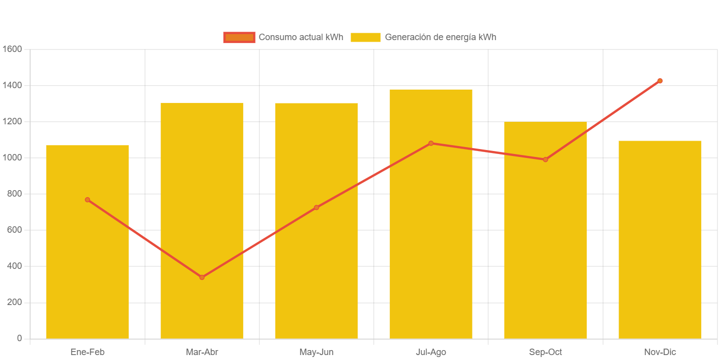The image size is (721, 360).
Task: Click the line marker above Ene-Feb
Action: coord(87,200)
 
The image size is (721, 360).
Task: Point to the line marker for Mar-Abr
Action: coord(202,277)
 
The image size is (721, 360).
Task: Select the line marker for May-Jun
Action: coord(316,207)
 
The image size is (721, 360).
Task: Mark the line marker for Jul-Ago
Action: coord(431,143)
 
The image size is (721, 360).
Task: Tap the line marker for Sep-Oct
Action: coord(545,159)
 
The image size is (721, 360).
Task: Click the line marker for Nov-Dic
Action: coord(660,81)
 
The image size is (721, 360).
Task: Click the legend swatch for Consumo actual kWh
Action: coord(239,37)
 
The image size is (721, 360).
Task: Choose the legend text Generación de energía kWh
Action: coord(440,37)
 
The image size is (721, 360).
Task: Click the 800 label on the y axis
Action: coord(15,194)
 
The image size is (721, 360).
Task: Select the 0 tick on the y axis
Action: coord(19,338)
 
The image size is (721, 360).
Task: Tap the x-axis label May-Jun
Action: coord(316,352)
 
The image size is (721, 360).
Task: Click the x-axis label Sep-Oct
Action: coord(545,352)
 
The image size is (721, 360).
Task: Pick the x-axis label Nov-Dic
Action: coord(660,352)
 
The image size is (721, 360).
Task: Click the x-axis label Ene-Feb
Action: coord(87,352)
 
